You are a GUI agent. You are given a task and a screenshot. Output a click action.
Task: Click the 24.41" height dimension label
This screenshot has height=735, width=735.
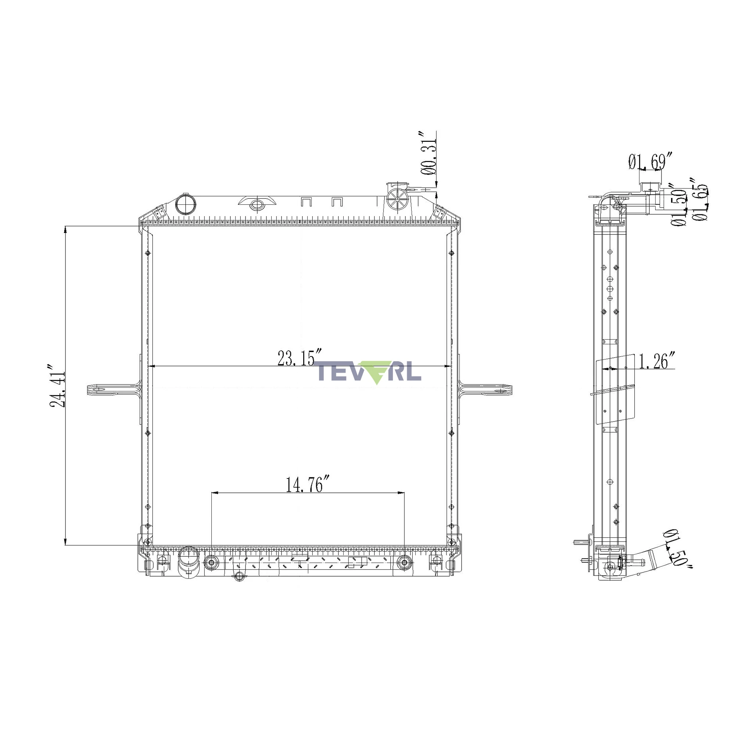click(57, 386)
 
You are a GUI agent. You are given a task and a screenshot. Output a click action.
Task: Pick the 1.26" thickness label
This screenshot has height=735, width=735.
click(657, 361)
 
